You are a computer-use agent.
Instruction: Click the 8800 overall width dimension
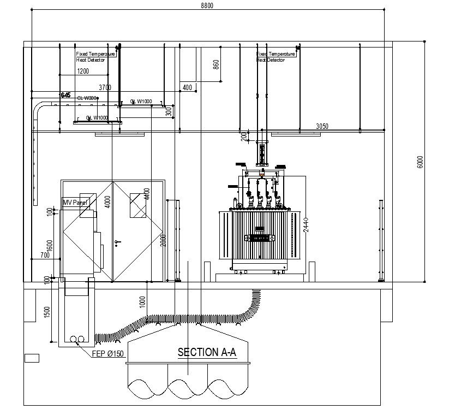pos(207,5)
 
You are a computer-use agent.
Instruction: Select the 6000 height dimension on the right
pos(420,162)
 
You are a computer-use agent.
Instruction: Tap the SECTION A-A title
pos(207,353)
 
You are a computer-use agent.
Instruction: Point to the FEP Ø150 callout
pos(108,354)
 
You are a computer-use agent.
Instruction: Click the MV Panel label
pos(76,202)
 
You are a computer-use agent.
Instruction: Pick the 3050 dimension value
pos(322,126)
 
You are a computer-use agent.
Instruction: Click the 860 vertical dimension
pos(216,64)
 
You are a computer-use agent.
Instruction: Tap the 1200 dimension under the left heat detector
pos(83,72)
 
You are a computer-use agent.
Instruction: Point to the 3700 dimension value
pos(105,87)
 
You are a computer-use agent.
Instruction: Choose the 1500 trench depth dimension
pos(47,312)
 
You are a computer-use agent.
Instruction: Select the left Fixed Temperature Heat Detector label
pos(95,57)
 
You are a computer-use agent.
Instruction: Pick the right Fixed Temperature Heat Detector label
pos(276,57)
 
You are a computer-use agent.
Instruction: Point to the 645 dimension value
pos(65,95)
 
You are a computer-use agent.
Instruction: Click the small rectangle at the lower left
pos(32,358)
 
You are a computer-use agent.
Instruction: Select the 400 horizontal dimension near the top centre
pos(187,87)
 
